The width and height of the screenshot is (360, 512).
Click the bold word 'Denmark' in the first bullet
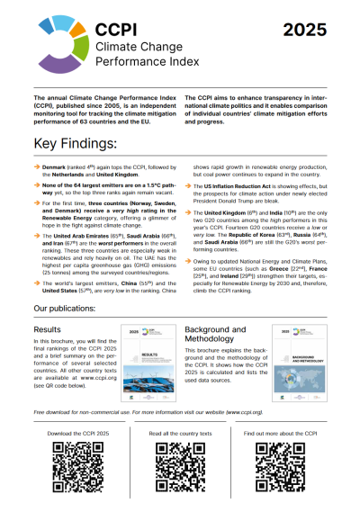(x=56, y=169)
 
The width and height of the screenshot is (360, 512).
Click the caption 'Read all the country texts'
(x=179, y=433)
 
